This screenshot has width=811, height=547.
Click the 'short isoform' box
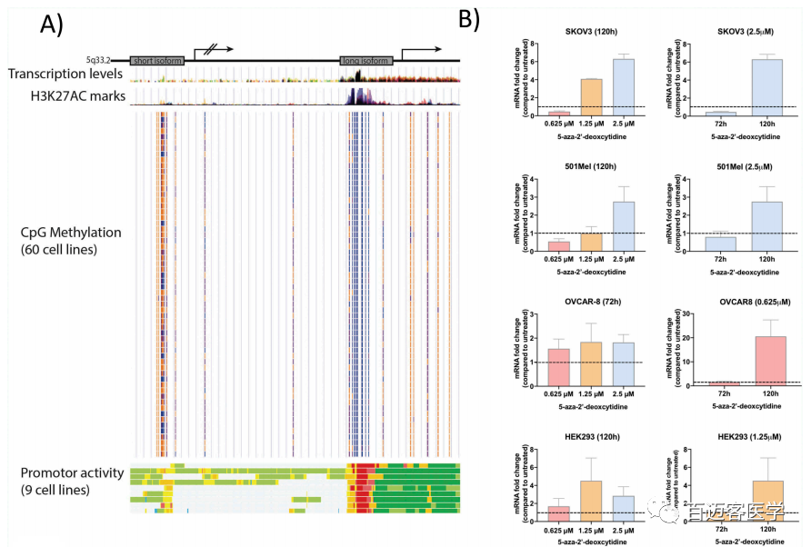(157, 61)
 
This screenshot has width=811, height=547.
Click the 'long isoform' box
(366, 61)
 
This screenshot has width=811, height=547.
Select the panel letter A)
(52, 26)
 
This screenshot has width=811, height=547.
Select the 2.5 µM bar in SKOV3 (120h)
(624, 87)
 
